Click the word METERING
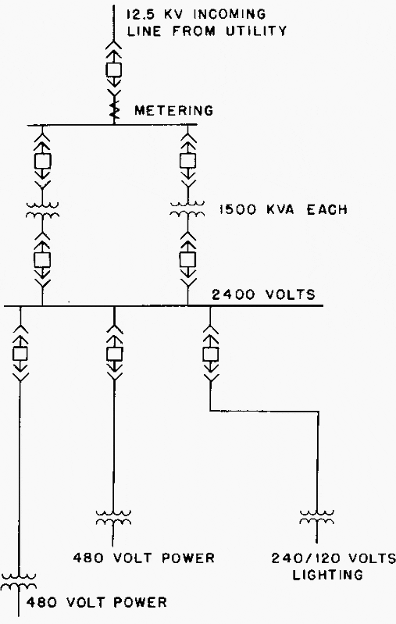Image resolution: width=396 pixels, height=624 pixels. (173, 110)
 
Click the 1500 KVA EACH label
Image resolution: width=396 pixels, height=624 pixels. (283, 210)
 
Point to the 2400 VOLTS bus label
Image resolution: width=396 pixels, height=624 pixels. (263, 294)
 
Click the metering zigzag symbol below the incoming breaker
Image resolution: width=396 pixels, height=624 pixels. (114, 112)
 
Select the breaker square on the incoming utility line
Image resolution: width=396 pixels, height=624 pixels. (114, 70)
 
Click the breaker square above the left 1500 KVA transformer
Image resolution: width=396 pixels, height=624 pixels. (43, 161)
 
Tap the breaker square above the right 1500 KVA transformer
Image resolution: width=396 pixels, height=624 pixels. (187, 161)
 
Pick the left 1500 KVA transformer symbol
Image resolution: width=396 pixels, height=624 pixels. (43, 211)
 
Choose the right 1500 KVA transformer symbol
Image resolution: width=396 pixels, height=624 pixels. (187, 210)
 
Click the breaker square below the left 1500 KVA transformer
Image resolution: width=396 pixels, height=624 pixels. (42, 260)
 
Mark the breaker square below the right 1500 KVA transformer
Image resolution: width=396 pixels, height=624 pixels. (187, 260)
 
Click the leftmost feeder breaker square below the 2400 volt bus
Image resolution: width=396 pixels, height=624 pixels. (20, 354)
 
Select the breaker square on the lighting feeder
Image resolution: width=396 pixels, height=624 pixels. (211, 354)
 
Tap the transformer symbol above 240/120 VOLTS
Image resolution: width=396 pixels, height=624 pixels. (317, 518)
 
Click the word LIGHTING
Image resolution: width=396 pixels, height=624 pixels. (327, 575)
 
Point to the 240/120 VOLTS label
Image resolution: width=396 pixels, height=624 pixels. (334, 558)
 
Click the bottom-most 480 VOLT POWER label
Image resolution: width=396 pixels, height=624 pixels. (96, 602)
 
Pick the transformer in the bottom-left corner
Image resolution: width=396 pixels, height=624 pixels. (19, 581)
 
